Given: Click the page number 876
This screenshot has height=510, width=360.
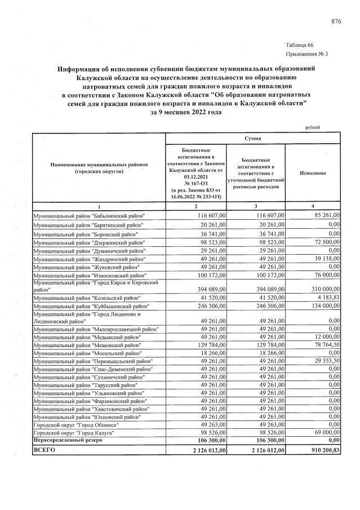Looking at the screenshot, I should tap(336, 21).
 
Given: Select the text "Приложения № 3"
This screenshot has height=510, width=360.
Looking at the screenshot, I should tap(307, 54).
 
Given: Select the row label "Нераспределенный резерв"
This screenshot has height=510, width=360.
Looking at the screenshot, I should tap(68, 440).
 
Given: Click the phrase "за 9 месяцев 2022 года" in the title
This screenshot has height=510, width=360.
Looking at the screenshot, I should tap(186, 112).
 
